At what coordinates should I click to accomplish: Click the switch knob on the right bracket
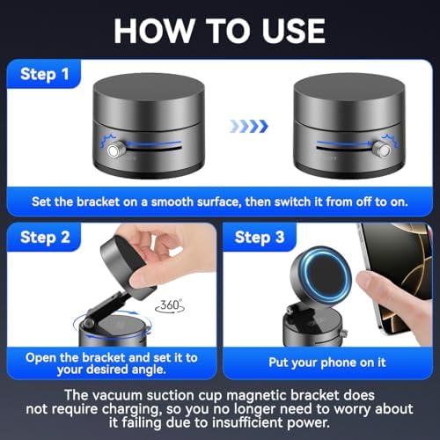[x=381, y=150]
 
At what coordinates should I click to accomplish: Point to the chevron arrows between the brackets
[x=247, y=127]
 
